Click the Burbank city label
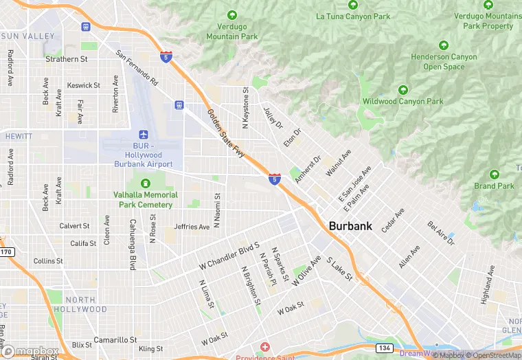pyautogui.click(x=350, y=225)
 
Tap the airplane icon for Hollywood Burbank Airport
pyautogui.click(x=144, y=135)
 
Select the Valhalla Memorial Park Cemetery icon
pyautogui.click(x=145, y=183)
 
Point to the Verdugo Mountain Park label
pyautogui.click(x=232, y=32)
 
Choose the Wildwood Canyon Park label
pyautogui.click(x=403, y=102)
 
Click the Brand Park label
pyautogui.click(x=494, y=186)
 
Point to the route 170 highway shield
pyautogui.click(x=6, y=252)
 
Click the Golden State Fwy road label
pyautogui.click(x=226, y=134)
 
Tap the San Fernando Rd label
pyautogui.click(x=137, y=68)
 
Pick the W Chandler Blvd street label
pyautogui.click(x=229, y=256)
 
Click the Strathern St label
pyautogui.click(x=67, y=60)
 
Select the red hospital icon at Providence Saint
pyautogui.click(x=264, y=347)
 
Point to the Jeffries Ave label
pyautogui.click(x=192, y=227)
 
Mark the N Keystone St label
pyautogui.click(x=245, y=106)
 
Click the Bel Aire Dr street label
pyautogui.click(x=442, y=234)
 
